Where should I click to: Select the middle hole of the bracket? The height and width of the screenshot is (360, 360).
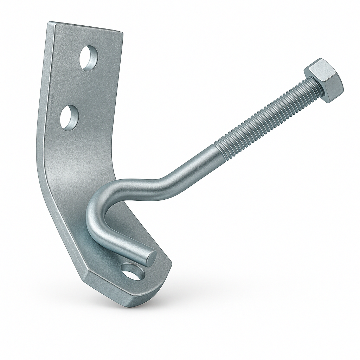tap(69, 118)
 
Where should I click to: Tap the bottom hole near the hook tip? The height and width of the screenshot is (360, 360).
tap(133, 271)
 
